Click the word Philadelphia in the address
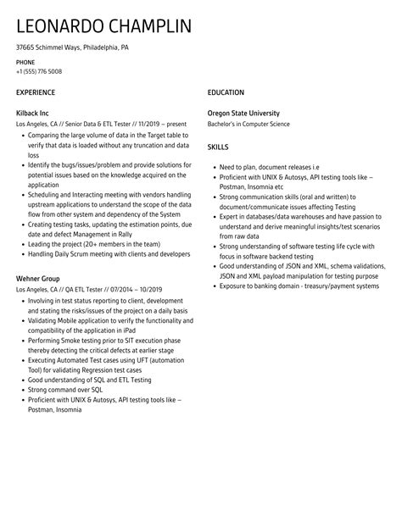pos(95,48)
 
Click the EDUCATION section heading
pos(226,92)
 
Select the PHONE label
pos(25,63)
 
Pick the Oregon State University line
pos(243,113)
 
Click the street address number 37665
pos(28,48)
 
